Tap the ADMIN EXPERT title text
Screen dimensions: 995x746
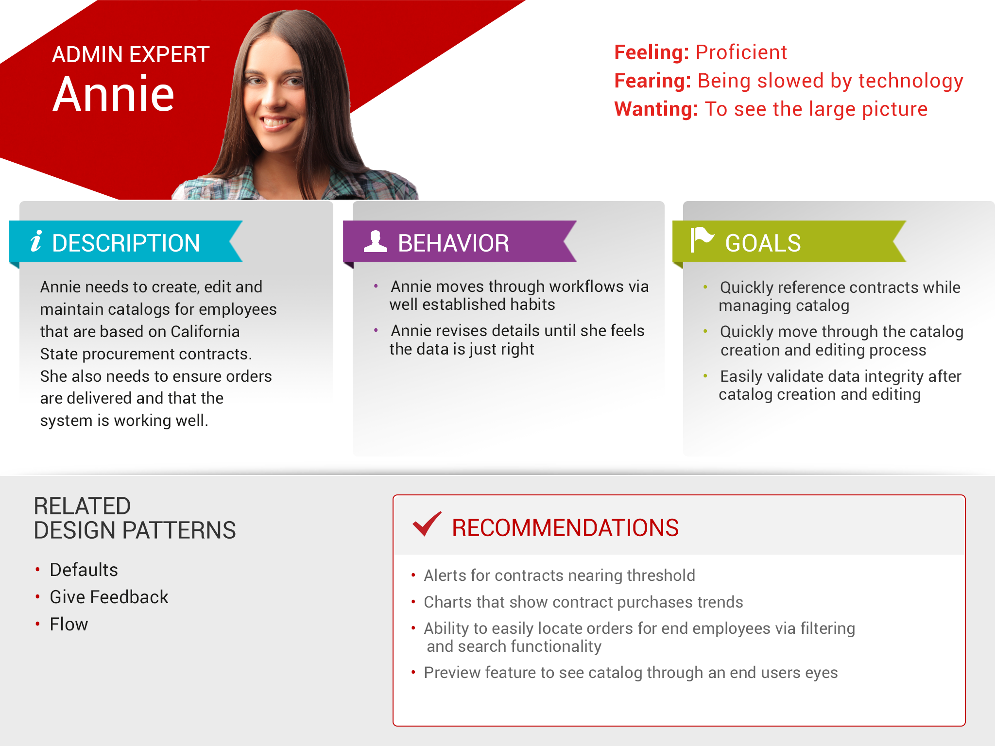pyautogui.click(x=131, y=54)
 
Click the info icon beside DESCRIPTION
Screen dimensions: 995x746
pyautogui.click(x=36, y=241)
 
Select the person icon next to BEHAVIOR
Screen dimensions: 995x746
pyautogui.click(x=376, y=241)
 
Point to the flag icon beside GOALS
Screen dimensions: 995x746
pyautogui.click(x=702, y=239)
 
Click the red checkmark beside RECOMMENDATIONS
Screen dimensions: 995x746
pyautogui.click(x=427, y=524)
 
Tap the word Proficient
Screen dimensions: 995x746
pyautogui.click(x=741, y=52)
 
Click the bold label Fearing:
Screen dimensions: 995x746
pyautogui.click(x=652, y=81)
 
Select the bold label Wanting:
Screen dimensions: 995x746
pyautogui.click(x=656, y=109)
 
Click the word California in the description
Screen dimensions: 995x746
pyautogui.click(x=205, y=332)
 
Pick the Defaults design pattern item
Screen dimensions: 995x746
pyautogui.click(x=84, y=570)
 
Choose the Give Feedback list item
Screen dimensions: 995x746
pyautogui.click(x=109, y=597)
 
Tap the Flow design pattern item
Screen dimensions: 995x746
pyautogui.click(x=69, y=624)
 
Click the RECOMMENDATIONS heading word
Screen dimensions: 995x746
pyautogui.click(x=565, y=528)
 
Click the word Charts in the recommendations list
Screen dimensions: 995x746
pyautogui.click(x=447, y=602)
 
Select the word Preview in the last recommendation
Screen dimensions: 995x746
pyautogui.click(x=452, y=673)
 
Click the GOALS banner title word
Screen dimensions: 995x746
pyautogui.click(x=763, y=243)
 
